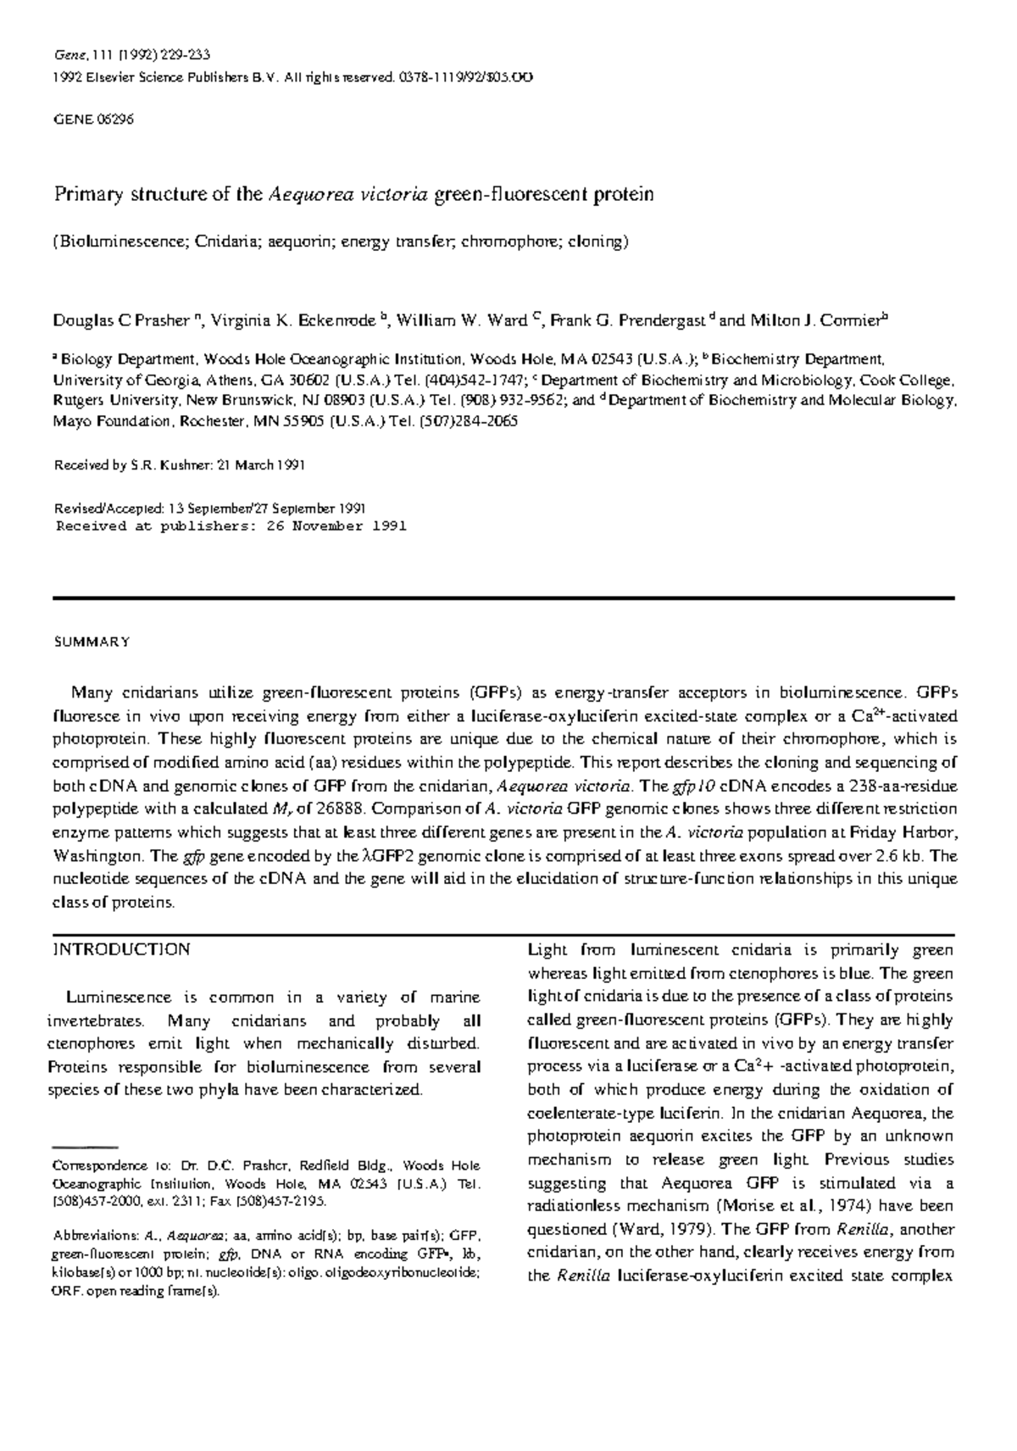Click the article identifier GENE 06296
tap(93, 120)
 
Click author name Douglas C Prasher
tap(121, 321)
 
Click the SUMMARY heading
tap(92, 642)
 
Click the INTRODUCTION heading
tap(122, 949)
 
